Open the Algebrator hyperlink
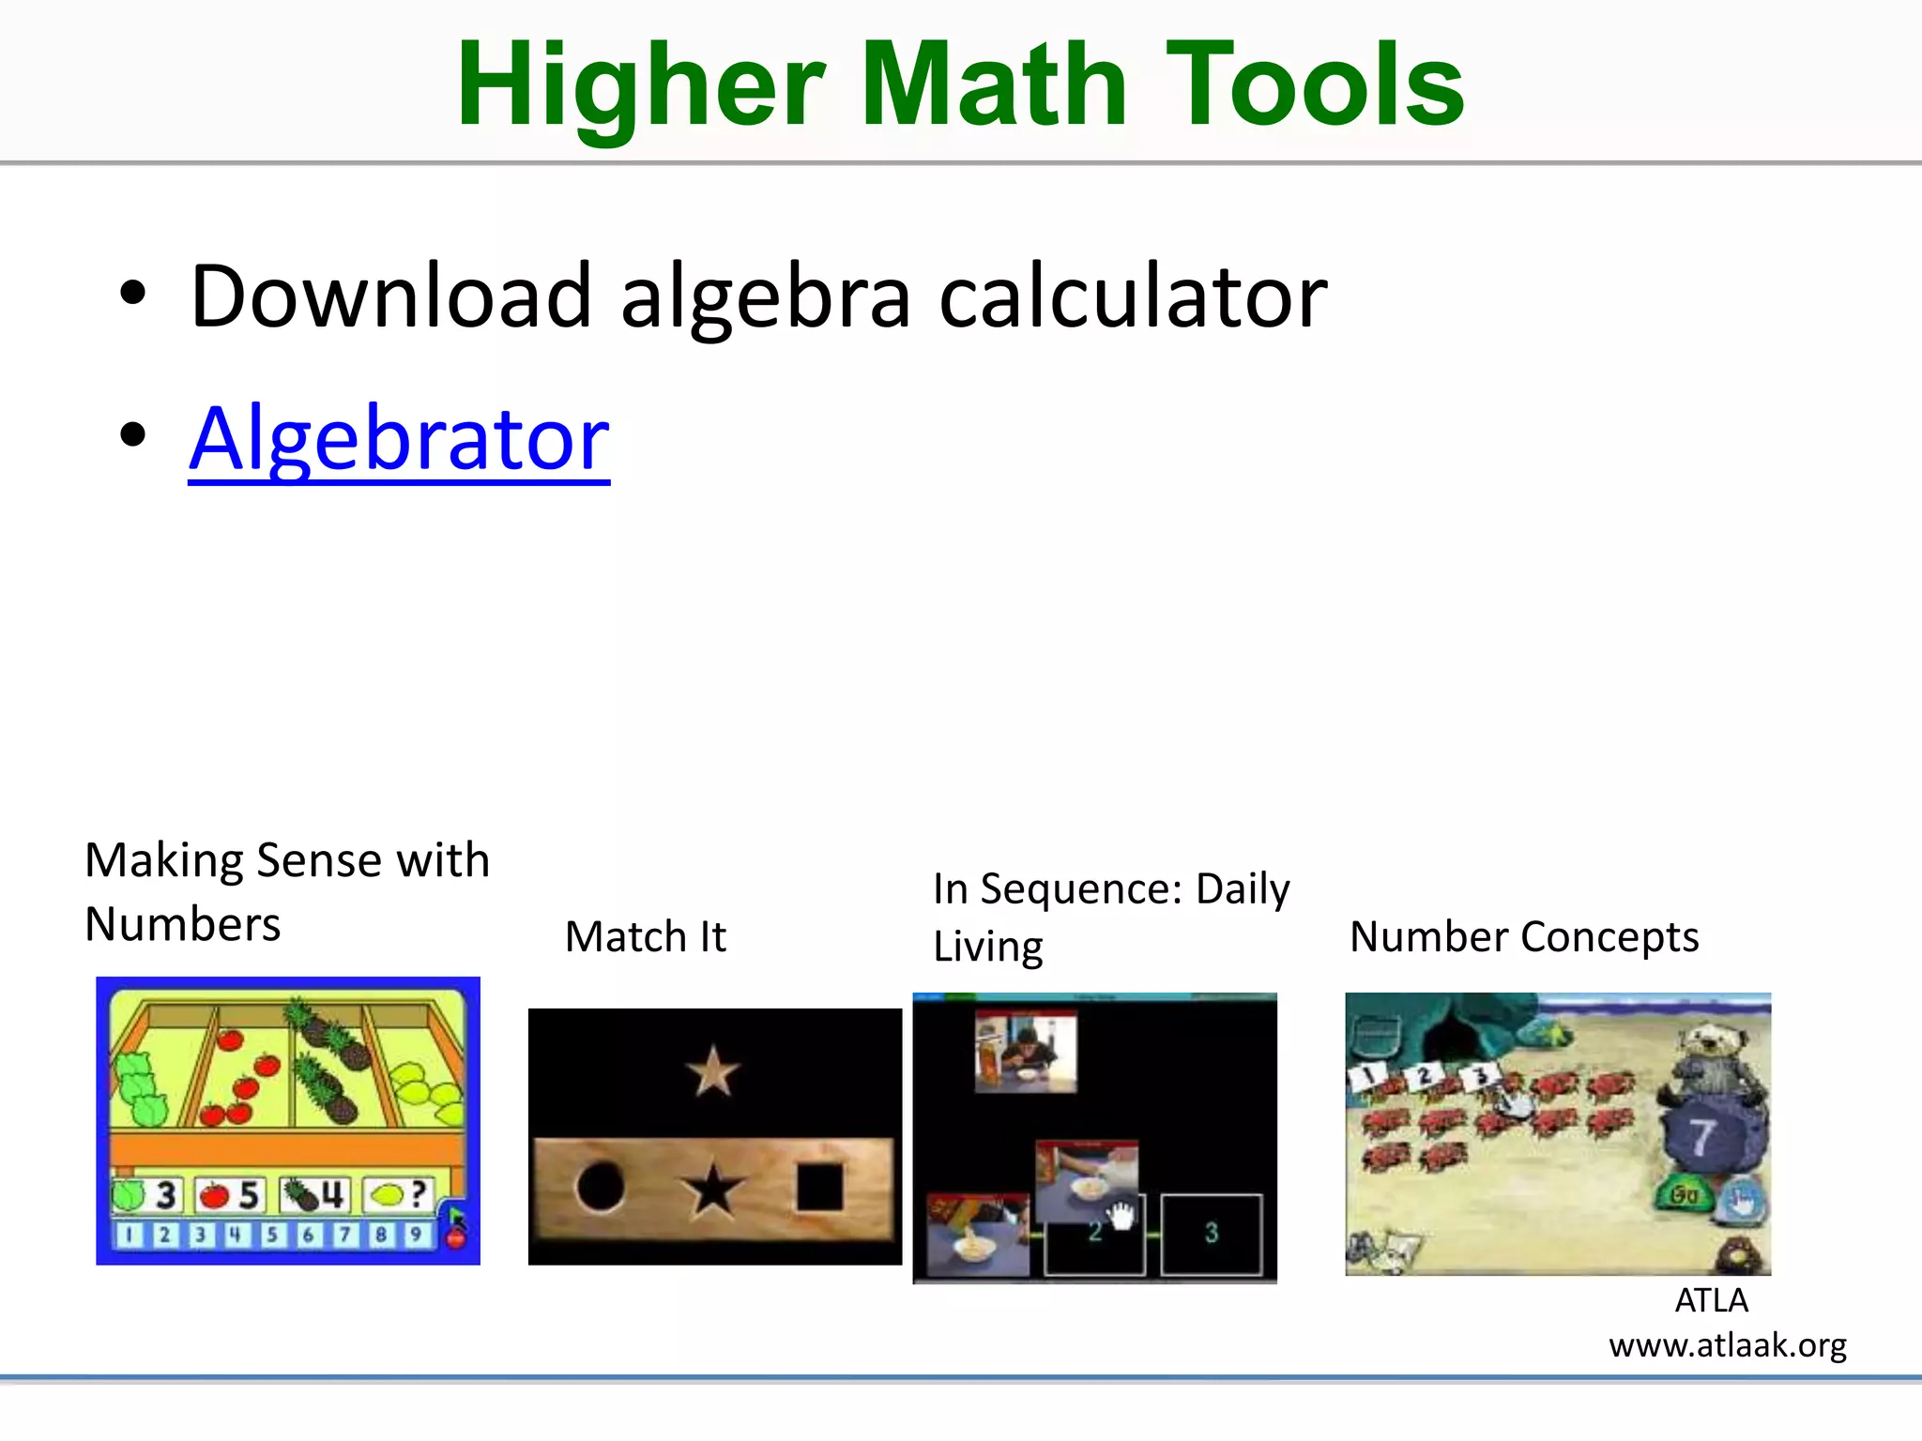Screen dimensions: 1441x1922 (399, 438)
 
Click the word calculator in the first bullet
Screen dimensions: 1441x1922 (1133, 296)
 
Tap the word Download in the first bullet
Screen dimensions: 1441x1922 (390, 296)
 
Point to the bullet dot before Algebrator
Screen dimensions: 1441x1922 (133, 434)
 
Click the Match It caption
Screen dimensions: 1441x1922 (645, 936)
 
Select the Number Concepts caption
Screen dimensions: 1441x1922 (1523, 936)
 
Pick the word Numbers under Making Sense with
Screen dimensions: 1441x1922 (183, 924)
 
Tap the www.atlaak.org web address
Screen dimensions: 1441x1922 (1727, 1345)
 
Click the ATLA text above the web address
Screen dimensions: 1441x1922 (1711, 1300)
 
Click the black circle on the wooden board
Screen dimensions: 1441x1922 (601, 1187)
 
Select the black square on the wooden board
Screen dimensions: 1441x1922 (820, 1188)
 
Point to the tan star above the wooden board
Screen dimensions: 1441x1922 (713, 1071)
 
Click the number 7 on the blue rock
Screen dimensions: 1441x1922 (1701, 1137)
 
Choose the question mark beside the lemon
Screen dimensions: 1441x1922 (419, 1193)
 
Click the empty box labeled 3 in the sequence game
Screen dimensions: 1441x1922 (1211, 1233)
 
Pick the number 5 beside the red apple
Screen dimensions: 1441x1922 (249, 1195)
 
